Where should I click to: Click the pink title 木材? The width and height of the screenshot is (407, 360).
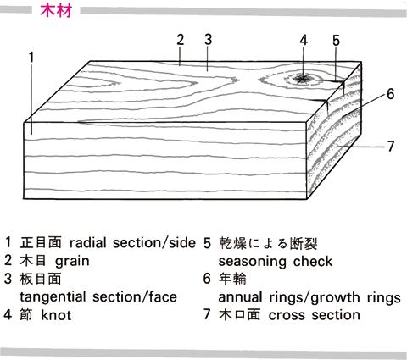(x=56, y=10)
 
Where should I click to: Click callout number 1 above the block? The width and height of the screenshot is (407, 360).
(x=31, y=58)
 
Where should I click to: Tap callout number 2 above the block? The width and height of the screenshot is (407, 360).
(x=181, y=40)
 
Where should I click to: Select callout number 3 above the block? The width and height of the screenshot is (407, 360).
(x=208, y=40)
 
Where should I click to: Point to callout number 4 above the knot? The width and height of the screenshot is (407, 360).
(x=304, y=41)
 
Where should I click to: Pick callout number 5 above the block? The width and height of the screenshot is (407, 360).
(x=336, y=41)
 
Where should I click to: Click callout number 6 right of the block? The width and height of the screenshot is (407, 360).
(x=390, y=94)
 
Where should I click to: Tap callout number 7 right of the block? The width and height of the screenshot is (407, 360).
(x=390, y=147)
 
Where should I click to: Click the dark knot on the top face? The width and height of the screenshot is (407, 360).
(x=303, y=79)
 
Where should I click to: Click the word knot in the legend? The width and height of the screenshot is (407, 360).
(x=56, y=315)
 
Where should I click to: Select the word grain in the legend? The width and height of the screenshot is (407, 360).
(x=72, y=261)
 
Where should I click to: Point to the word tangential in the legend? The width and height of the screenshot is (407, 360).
(x=53, y=297)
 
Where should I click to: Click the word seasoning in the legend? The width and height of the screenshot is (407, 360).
(x=253, y=262)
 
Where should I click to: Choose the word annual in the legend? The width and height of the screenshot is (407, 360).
(x=241, y=297)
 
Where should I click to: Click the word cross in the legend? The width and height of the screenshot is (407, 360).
(x=287, y=315)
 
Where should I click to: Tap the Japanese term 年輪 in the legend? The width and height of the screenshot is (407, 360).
(x=232, y=279)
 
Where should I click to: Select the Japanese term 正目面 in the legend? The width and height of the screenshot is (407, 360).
(x=41, y=243)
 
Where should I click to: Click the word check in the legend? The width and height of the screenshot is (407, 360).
(x=313, y=261)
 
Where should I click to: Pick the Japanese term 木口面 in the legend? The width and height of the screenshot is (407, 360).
(x=239, y=315)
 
